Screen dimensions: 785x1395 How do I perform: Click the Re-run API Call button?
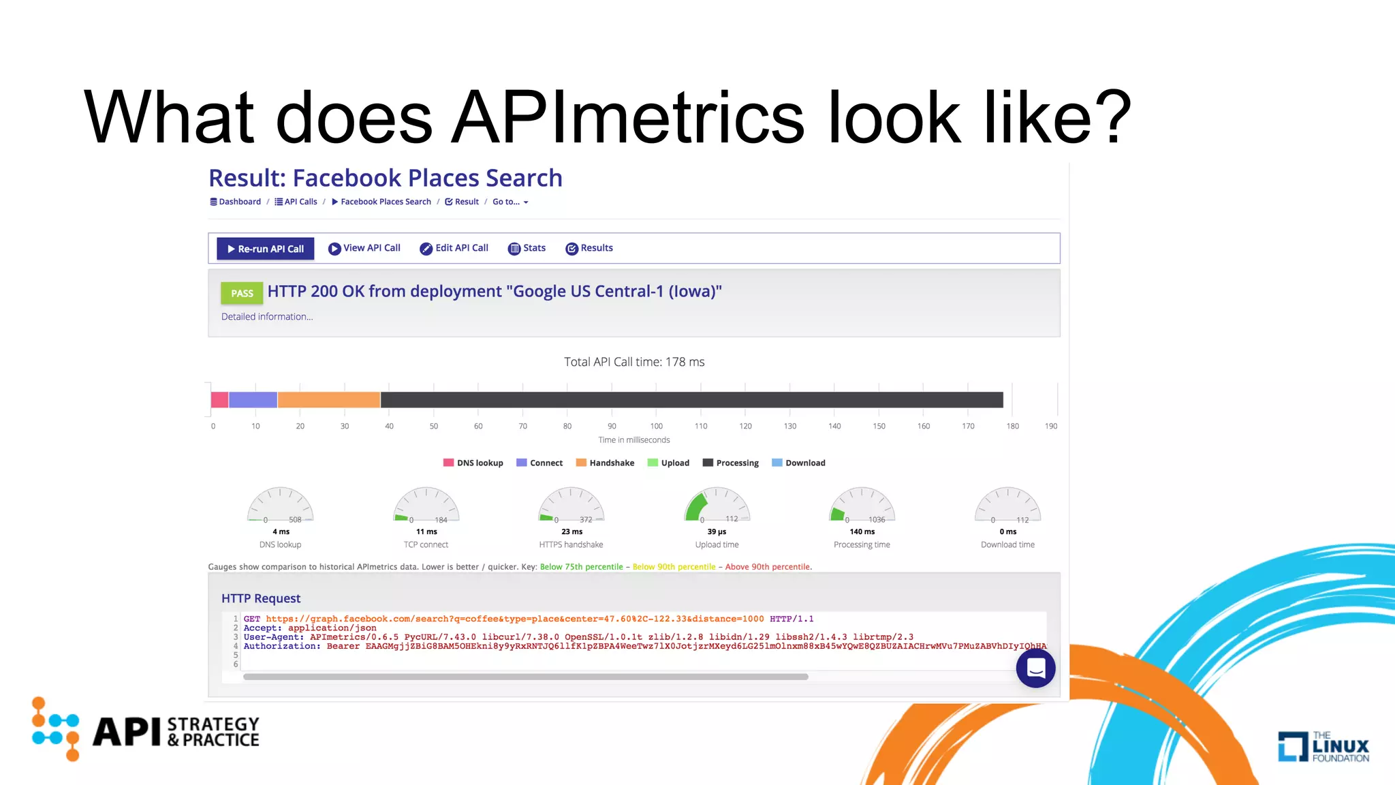coord(266,249)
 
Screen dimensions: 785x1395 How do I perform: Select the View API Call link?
coord(364,248)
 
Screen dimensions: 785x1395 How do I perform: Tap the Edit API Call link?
coord(454,248)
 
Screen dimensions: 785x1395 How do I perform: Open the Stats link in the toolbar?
coord(527,248)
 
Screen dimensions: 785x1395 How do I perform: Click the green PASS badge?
coord(242,293)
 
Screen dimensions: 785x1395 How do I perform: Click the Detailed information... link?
coord(267,317)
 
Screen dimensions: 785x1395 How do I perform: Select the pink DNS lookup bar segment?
coord(219,400)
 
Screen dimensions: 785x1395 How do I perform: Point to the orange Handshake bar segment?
coord(328,400)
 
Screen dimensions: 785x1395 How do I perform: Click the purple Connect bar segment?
coord(253,400)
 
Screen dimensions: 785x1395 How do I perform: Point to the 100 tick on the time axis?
coord(657,427)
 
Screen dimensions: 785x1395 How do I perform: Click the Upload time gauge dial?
coord(717,506)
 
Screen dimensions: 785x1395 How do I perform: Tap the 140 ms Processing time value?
coord(862,532)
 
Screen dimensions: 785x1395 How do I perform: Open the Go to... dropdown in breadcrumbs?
coord(510,202)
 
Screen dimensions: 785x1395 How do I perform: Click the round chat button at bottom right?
coord(1035,668)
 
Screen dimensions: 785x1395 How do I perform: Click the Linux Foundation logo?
coord(1323,746)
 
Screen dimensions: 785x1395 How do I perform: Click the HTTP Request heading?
coord(261,598)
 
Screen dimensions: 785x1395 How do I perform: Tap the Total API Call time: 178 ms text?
coord(634,362)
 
